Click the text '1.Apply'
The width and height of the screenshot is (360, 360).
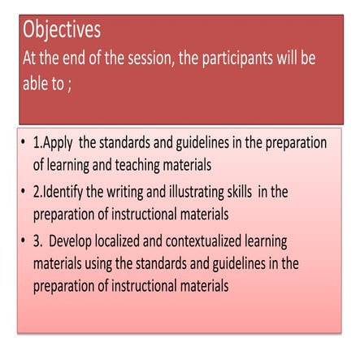click(x=54, y=144)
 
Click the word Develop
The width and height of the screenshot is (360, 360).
click(x=81, y=241)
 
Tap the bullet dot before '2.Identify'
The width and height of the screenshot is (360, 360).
click(x=23, y=193)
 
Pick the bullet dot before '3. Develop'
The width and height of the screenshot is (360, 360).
click(x=23, y=242)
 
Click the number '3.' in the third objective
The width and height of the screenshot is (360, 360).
click(x=38, y=241)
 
